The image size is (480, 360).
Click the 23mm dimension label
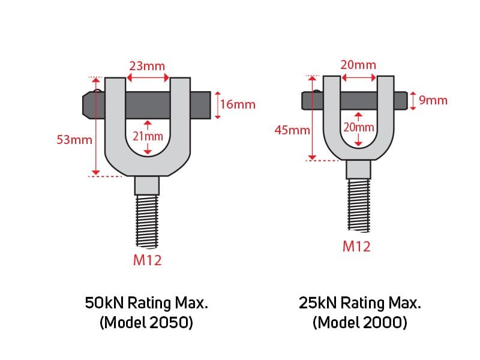[147, 66]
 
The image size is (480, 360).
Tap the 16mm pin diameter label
[238, 104]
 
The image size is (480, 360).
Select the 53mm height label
[74, 140]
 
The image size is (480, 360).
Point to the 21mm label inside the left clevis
[148, 136]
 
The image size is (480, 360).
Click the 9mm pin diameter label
[433, 100]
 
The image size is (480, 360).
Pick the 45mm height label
[292, 130]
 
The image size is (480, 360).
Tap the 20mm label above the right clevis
[358, 65]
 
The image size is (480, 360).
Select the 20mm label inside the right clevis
[359, 127]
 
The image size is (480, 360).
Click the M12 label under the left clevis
[147, 260]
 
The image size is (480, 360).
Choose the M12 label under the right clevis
[356, 247]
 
